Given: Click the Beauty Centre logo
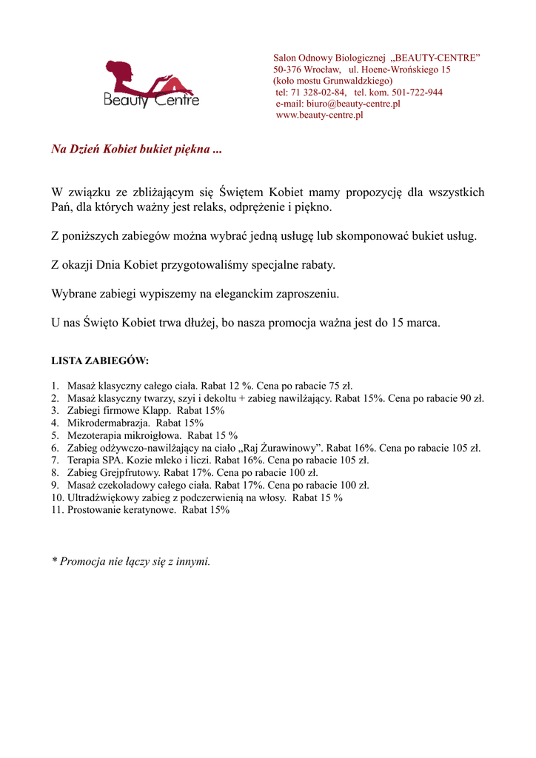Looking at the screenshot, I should tap(151, 84).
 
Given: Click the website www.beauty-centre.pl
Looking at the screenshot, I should tap(319, 115).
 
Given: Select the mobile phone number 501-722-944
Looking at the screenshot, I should tap(417, 93).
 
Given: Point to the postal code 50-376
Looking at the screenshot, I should tap(287, 70).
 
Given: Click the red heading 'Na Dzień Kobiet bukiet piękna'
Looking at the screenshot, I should tap(136, 150).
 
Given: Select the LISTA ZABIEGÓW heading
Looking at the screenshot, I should tap(100, 361).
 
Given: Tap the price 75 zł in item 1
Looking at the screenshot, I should tap(341, 386).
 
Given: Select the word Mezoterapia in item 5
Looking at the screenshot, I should tap(93, 435).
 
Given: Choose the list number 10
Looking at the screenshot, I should tap(57, 497).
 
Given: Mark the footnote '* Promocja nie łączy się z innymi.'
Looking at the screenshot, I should tap(131, 561).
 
